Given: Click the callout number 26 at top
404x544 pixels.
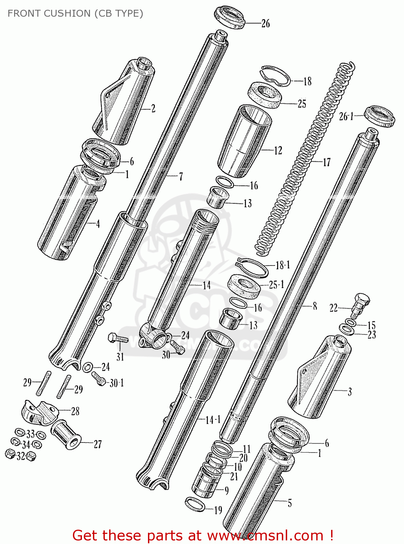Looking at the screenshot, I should coord(266,24).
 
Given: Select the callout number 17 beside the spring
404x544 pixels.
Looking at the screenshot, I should coord(326,162).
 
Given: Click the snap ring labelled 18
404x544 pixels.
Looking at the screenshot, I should coord(276,76).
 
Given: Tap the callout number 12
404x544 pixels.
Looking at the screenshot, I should coord(278,150).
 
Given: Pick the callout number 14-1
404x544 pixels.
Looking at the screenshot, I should coord(213,420).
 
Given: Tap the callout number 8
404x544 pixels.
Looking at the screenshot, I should coord(315,306).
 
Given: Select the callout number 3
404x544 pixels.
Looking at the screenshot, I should coord(350,392).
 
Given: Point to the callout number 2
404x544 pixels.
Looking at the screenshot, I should coord(153,108).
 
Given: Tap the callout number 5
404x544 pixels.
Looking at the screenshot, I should coord(289,503).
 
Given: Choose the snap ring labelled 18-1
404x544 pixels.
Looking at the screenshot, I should coord(252,267).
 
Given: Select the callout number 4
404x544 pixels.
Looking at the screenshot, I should coord(98,224).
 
